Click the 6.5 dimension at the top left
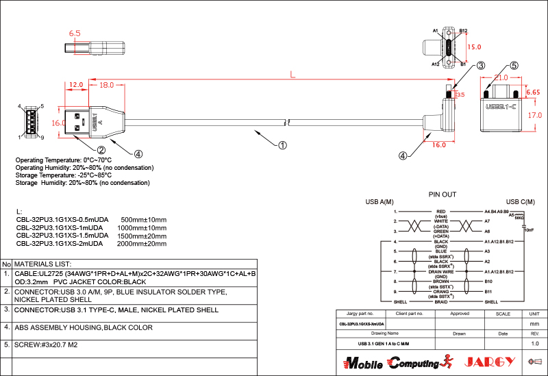pos(75,33)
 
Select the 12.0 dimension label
pos(75,84)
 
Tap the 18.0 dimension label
pos(106,86)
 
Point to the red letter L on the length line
pos(292,73)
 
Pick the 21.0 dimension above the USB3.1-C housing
pos(501,78)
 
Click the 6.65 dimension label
pos(534,91)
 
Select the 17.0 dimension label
pos(535,116)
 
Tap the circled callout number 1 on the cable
pos(282,145)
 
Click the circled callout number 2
pos(101,150)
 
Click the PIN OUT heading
pos(442,195)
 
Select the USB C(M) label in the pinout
pos(521,202)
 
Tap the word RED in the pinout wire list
pos(441,212)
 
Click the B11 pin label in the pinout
pos(488,292)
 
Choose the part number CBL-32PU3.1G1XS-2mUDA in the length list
pos(60,243)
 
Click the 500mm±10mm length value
pos(143,219)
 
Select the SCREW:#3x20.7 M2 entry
pos(46,344)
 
